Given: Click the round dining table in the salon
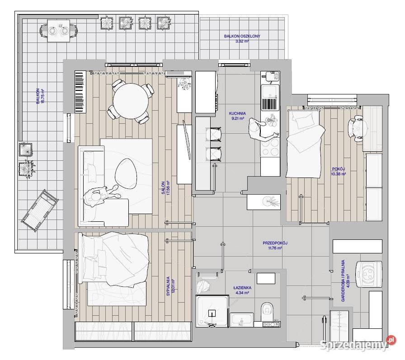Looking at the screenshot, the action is click(x=131, y=101).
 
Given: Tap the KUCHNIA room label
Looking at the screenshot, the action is click(x=237, y=113).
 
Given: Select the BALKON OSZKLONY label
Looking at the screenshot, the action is click(x=242, y=36).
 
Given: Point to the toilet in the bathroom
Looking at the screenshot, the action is click(x=267, y=311).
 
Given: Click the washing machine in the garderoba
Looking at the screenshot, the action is click(x=369, y=274).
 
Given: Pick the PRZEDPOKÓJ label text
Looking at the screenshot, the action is click(x=275, y=243).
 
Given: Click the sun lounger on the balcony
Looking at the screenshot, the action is click(x=39, y=210).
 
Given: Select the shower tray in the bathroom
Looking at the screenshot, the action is click(x=212, y=311).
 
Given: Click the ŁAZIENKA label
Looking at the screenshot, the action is click(x=242, y=288).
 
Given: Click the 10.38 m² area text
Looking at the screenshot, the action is click(x=339, y=174).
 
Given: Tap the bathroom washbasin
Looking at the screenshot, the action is click(x=241, y=320).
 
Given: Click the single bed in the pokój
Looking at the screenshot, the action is click(x=304, y=144).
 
